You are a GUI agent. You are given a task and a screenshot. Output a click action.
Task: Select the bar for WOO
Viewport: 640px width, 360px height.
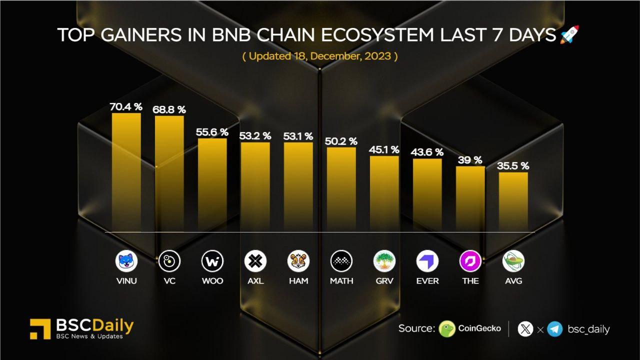pyautogui.click(x=212, y=185)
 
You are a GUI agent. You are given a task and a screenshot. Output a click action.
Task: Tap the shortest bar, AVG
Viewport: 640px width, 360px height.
pyautogui.click(x=513, y=202)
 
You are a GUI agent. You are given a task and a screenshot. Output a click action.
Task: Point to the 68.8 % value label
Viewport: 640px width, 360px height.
pyautogui.click(x=169, y=109)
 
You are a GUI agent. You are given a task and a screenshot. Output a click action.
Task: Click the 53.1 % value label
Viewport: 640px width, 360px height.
pyautogui.click(x=298, y=136)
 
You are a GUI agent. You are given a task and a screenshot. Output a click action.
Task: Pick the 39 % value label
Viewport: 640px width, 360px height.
pyautogui.click(x=470, y=160)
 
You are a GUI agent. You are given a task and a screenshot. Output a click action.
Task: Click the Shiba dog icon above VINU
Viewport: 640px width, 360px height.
pyautogui.click(x=126, y=261)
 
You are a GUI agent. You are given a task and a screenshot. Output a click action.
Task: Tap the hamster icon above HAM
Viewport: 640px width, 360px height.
pyautogui.click(x=298, y=261)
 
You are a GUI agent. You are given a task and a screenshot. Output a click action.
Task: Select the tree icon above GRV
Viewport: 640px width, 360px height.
pyautogui.click(x=384, y=261)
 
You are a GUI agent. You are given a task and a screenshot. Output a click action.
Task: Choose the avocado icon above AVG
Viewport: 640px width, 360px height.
pyautogui.click(x=513, y=261)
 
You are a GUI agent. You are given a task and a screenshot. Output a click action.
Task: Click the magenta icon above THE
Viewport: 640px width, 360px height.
pyautogui.click(x=470, y=261)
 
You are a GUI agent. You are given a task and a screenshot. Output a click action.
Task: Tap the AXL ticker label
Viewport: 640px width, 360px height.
pyautogui.click(x=255, y=281)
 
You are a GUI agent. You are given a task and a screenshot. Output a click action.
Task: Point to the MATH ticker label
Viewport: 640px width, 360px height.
pyautogui.click(x=341, y=281)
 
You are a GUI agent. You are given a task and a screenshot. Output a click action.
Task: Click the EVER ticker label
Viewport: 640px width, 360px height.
pyautogui.click(x=427, y=281)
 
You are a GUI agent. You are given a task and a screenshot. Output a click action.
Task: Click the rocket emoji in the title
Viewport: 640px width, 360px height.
pyautogui.click(x=569, y=34)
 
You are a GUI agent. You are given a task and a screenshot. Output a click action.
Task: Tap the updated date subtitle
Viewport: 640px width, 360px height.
pyautogui.click(x=320, y=56)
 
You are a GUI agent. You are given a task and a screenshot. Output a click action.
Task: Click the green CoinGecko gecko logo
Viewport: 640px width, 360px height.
pyautogui.click(x=447, y=329)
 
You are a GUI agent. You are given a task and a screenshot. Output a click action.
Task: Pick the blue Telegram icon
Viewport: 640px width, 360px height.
pyautogui.click(x=555, y=329)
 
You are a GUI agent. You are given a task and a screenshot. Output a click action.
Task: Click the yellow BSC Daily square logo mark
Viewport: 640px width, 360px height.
pyautogui.click(x=40, y=329)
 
